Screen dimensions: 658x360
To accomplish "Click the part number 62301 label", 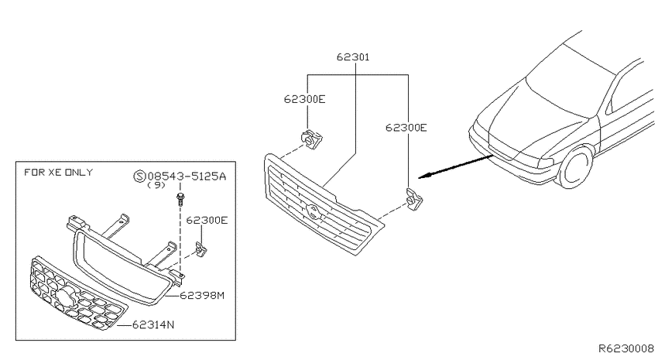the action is pyautogui.click(x=353, y=57).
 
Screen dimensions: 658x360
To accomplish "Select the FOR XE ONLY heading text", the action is pyautogui.click(x=58, y=172).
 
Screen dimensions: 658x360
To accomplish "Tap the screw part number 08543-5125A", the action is pyautogui.click(x=187, y=176).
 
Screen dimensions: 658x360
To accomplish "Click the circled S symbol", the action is pyautogui.click(x=139, y=177).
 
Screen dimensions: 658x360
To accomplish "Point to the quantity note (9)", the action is pyautogui.click(x=156, y=185).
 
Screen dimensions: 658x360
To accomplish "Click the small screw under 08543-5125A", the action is pyautogui.click(x=181, y=199).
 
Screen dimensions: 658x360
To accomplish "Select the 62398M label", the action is pyautogui.click(x=202, y=296).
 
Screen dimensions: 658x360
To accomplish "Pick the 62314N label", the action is pyautogui.click(x=153, y=324).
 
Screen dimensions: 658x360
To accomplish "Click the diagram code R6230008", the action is pyautogui.click(x=625, y=348).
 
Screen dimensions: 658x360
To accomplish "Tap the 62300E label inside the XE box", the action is pyautogui.click(x=207, y=221).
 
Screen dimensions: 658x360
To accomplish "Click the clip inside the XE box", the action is pyautogui.click(x=201, y=249).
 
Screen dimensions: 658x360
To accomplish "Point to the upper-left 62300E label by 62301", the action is pyautogui.click(x=305, y=99).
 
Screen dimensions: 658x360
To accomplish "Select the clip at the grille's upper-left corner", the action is pyautogui.click(x=311, y=139).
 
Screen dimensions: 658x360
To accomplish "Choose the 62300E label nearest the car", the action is pyautogui.click(x=406, y=128).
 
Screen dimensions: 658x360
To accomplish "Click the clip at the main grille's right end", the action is pyautogui.click(x=414, y=199).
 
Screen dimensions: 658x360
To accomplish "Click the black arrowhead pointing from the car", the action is pyautogui.click(x=425, y=176).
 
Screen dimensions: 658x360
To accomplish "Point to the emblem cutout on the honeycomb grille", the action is pyautogui.click(x=66, y=296).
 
